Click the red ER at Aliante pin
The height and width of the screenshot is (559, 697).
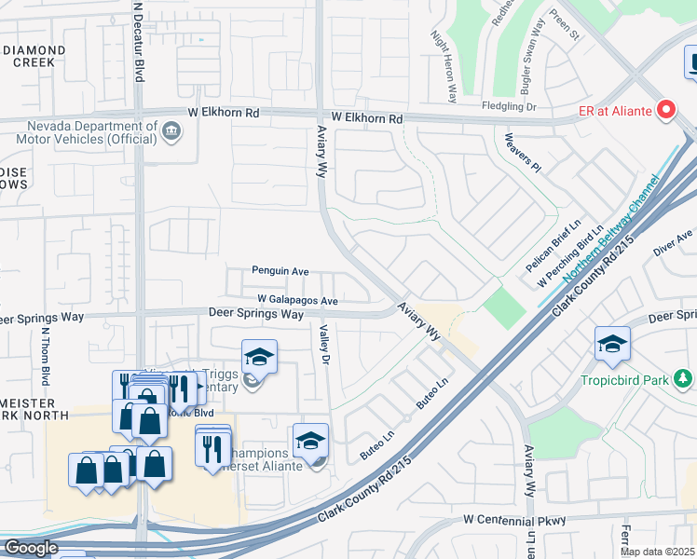tap(666, 111)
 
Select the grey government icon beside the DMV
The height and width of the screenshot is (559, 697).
tap(171, 130)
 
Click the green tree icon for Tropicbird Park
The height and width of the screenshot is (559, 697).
tap(684, 378)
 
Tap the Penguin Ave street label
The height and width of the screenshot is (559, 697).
tap(280, 271)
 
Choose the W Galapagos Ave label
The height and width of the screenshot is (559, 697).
tap(297, 301)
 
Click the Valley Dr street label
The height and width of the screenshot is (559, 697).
tap(325, 345)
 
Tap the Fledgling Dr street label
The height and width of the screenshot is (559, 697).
tap(510, 107)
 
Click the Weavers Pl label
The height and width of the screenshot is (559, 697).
tap(522, 153)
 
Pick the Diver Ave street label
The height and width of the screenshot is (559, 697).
tap(673, 245)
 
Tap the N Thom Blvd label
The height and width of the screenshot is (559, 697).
tap(44, 358)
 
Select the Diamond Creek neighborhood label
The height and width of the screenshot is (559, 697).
tap(33, 56)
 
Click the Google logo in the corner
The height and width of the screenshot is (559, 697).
tap(30, 548)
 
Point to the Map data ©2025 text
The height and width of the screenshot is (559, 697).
tap(657, 552)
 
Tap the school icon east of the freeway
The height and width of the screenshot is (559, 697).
tap(612, 344)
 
